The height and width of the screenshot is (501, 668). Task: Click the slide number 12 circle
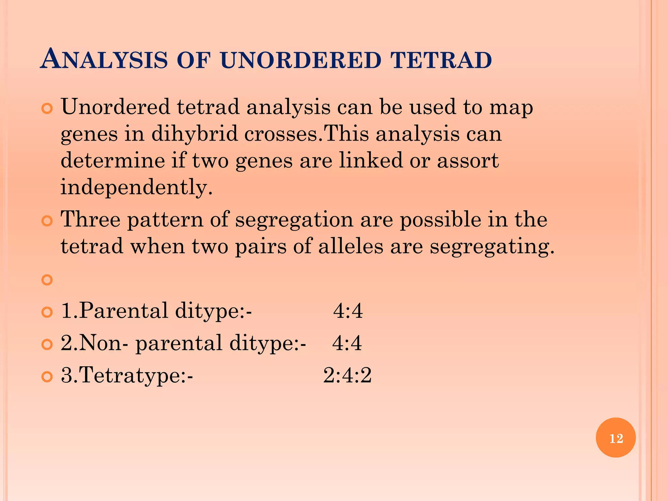click(615, 438)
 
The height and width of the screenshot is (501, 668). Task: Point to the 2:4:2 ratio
click(347, 375)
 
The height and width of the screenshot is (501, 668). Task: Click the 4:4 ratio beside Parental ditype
click(348, 311)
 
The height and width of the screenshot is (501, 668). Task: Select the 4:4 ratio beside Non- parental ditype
click(347, 343)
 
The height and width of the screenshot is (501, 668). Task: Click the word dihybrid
click(194, 134)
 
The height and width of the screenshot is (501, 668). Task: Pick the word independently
click(136, 187)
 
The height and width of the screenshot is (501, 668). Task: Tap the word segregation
click(294, 219)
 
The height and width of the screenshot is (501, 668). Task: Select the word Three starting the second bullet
click(91, 219)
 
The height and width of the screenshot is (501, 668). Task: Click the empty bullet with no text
click(47, 280)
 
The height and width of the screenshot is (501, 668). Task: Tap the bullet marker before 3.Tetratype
click(47, 377)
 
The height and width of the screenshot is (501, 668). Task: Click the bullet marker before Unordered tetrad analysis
click(47, 109)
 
